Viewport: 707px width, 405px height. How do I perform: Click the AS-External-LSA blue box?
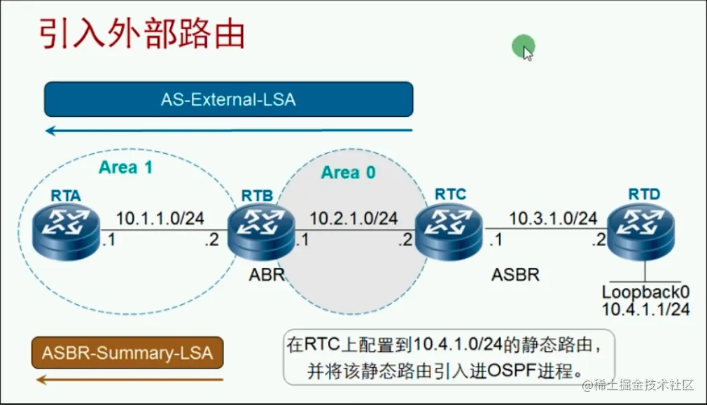pos(228,99)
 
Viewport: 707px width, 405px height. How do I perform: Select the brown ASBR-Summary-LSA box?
pos(127,353)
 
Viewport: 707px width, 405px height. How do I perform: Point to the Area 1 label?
pos(125,167)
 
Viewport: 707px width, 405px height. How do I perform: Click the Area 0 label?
pos(349,172)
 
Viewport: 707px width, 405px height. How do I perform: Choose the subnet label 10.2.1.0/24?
pos(353,219)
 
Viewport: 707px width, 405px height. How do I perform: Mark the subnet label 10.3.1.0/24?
pos(552,218)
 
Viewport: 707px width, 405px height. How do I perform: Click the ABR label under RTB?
pos(267,274)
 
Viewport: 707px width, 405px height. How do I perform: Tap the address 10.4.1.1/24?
pos(645,308)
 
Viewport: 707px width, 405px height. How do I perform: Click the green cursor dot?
pos(522,47)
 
